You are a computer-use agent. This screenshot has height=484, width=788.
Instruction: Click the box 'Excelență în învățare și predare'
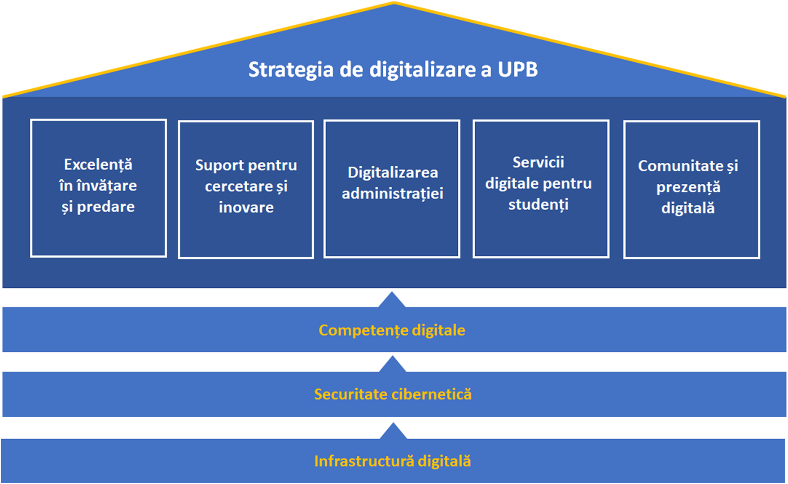tap(98, 188)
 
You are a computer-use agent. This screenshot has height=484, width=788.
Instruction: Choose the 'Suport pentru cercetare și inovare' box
tap(246, 190)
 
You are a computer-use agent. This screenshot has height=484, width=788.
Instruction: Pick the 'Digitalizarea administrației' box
tap(392, 189)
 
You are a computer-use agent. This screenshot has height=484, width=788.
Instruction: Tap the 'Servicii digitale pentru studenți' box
tap(541, 189)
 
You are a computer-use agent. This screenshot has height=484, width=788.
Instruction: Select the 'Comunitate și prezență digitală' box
tap(692, 190)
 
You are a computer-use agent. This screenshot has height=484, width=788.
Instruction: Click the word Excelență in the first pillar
tap(98, 165)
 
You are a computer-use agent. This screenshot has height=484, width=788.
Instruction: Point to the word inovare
tap(246, 207)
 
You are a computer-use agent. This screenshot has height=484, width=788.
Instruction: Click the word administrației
tap(392, 194)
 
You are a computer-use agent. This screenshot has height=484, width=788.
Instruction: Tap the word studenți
tap(538, 205)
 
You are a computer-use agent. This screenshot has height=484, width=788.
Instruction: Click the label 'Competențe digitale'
tap(392, 330)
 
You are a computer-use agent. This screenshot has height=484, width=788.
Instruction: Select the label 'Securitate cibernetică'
tap(393, 394)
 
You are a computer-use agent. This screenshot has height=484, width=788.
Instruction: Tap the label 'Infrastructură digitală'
tap(393, 461)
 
